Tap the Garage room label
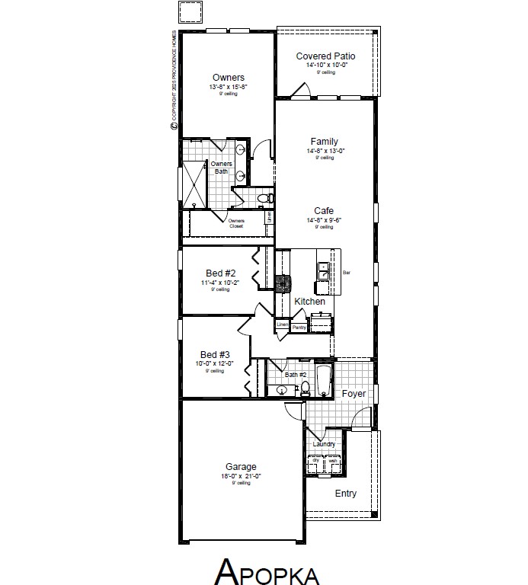tap(240, 467)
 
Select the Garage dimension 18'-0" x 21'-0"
tap(240, 477)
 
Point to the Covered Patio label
tap(325, 56)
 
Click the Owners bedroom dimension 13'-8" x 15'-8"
tap(229, 88)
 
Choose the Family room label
tap(325, 142)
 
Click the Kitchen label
tap(310, 302)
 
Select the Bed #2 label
tap(221, 273)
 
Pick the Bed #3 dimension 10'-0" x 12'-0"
tap(215, 364)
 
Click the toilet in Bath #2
tap(305, 388)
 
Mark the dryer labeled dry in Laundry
tap(315, 463)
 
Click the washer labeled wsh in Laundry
tap(333, 463)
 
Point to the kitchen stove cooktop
tap(283, 283)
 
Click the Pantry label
tap(299, 327)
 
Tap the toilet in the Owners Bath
tap(264, 198)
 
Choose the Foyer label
tap(354, 394)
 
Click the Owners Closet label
tap(236, 223)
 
